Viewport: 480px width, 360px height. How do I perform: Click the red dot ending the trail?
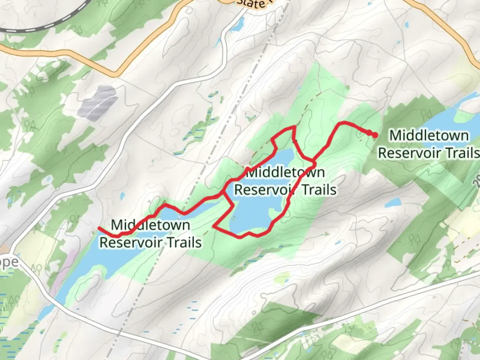[x=375, y=135]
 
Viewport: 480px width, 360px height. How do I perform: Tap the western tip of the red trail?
[x=99, y=228]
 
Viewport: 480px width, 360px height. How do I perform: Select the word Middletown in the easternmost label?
[x=429, y=136]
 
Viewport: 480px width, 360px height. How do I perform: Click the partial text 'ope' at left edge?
[x=9, y=262]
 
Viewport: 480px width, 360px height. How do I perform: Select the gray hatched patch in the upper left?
[x=99, y=102]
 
